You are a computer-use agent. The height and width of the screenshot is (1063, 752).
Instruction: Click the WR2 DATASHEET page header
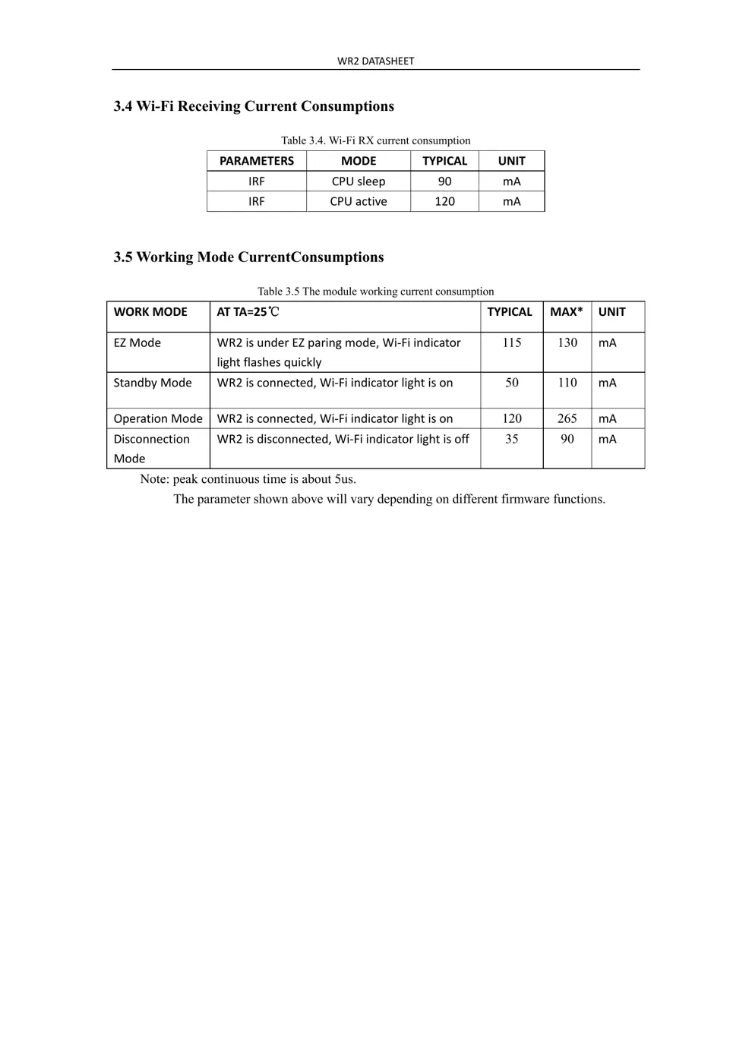(375, 61)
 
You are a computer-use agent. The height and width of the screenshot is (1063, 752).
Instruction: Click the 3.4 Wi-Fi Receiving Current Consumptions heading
(254, 106)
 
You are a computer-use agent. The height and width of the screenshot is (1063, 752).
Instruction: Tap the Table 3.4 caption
(375, 140)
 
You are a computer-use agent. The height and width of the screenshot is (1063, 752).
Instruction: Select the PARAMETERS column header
(256, 161)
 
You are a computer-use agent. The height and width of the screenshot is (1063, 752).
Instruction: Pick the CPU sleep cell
(359, 181)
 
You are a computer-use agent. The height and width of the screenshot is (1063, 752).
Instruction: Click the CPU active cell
(359, 201)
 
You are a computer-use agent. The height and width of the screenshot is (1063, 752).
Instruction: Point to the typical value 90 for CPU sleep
(444, 181)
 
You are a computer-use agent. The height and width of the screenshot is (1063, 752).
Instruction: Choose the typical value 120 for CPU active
(444, 201)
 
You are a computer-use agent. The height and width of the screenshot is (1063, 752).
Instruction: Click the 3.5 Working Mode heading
(248, 257)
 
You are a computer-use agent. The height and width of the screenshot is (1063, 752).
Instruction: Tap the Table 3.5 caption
(375, 292)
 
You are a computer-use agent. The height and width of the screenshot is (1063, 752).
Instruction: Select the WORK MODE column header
(150, 312)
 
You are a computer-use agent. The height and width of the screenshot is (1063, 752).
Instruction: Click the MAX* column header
(567, 312)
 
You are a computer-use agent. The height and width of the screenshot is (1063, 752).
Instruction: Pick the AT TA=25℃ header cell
(248, 312)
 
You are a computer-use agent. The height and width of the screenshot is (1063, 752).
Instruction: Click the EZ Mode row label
(137, 343)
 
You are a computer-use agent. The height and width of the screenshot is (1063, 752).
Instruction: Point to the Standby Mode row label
(153, 383)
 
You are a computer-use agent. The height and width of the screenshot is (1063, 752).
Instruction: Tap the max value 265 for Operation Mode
(567, 418)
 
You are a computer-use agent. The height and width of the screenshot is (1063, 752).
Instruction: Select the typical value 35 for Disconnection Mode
(512, 439)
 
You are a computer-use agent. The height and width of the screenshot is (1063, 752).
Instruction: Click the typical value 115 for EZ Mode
(512, 343)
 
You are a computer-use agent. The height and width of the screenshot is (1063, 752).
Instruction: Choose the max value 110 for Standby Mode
(567, 383)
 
